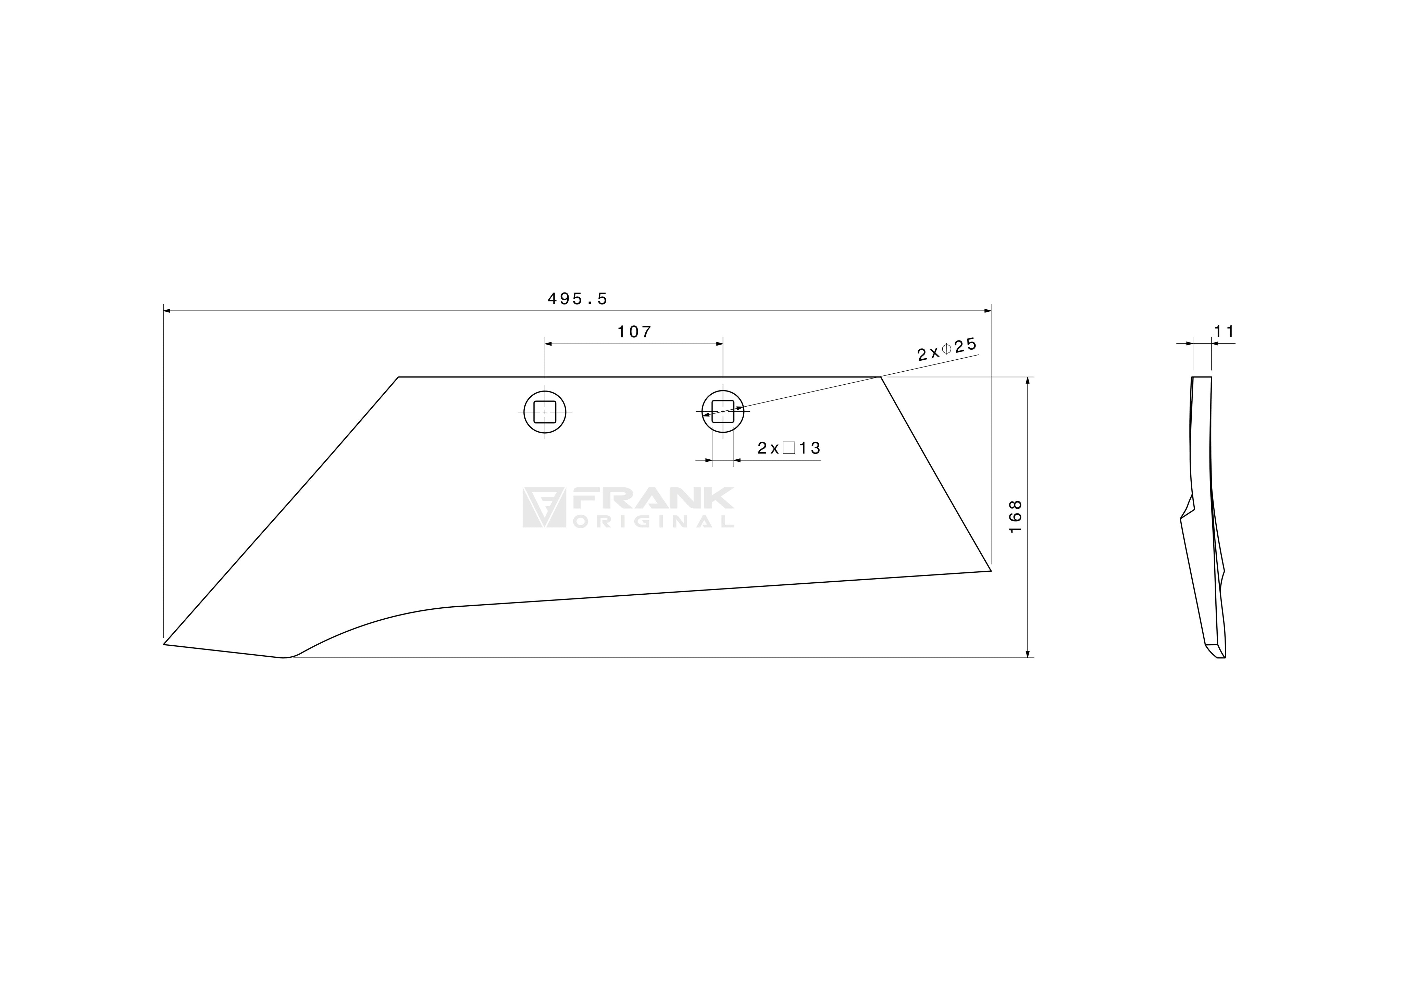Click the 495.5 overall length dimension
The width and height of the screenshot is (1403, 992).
click(x=578, y=299)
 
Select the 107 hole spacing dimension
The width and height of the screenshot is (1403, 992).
click(x=634, y=332)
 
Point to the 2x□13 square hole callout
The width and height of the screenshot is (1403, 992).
click(x=789, y=448)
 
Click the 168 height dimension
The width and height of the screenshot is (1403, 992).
click(x=1015, y=517)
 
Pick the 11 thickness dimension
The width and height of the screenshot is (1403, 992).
click(x=1224, y=331)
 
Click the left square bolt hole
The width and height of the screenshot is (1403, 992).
click(x=545, y=412)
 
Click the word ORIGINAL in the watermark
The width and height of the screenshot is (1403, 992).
click(x=653, y=521)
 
